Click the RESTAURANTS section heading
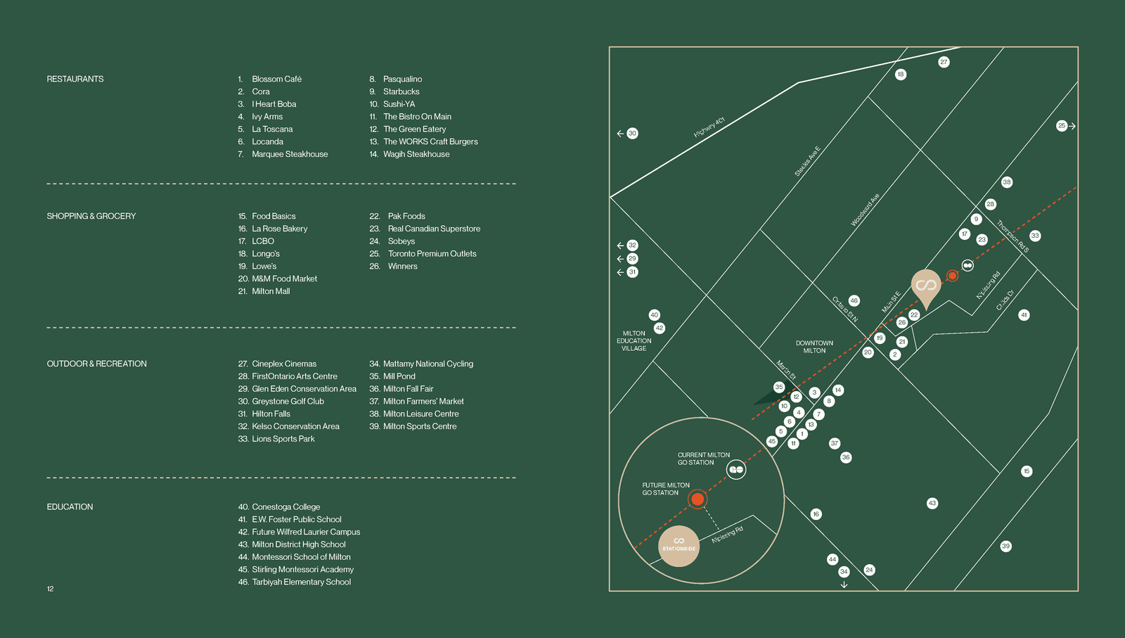tap(75, 79)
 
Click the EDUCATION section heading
tap(70, 507)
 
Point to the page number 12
tap(50, 589)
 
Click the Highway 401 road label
tap(709, 127)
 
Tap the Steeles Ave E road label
tap(807, 161)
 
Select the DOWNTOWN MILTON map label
tap(814, 347)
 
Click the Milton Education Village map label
tap(634, 341)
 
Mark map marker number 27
tap(944, 62)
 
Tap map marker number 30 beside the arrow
tap(632, 133)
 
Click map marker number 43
tap(932, 503)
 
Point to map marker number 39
tap(1005, 546)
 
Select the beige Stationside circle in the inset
tap(679, 546)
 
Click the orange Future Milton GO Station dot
tap(697, 499)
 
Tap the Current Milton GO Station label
tap(703, 459)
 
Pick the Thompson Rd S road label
tap(1012, 236)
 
